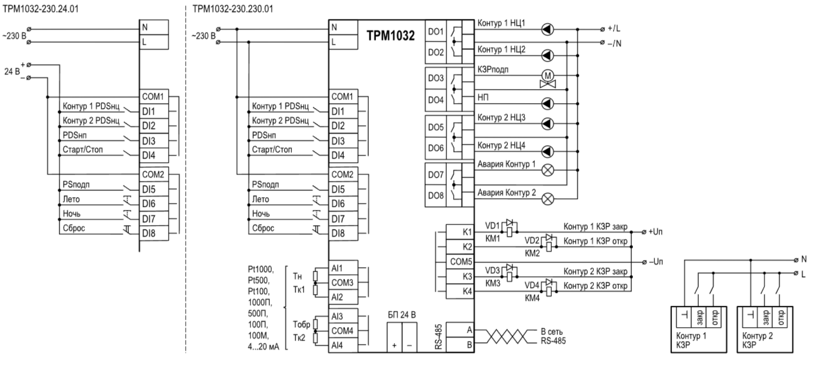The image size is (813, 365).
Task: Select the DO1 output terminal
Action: (x=435, y=32)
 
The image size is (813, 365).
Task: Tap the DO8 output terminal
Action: (x=435, y=195)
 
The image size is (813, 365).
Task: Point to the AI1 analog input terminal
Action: (x=337, y=269)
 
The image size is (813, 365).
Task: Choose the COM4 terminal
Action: (x=340, y=331)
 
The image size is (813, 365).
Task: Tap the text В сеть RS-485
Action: (x=552, y=336)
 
